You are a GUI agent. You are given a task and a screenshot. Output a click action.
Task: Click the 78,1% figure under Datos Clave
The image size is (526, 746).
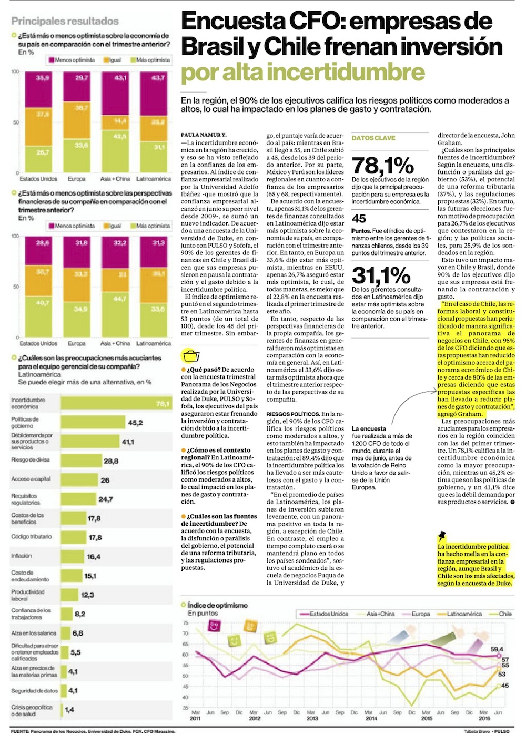coord(382,166)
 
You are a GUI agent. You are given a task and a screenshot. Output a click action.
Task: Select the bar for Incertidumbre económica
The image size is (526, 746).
coord(116,403)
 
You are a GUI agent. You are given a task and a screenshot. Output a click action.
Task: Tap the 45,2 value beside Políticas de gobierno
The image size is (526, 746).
coord(135,423)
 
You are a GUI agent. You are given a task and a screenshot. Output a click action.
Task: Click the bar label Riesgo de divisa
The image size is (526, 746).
coord(31,460)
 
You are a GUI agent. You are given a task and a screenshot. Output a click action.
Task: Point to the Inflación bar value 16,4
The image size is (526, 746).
coord(94,557)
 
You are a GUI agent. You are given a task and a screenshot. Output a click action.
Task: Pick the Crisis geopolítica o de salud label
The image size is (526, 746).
coord(32,710)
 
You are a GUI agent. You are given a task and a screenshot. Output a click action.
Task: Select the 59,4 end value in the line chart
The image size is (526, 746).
coord(497,649)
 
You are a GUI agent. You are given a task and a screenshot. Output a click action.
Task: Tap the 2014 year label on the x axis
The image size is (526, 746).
coord(371,718)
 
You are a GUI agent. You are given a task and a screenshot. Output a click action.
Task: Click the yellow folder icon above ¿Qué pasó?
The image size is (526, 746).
coord(190,355)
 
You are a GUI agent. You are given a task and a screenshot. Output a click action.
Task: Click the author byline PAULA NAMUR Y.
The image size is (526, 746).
coord(204,135)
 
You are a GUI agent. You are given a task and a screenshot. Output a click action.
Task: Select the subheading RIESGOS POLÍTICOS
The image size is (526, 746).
coord(293,414)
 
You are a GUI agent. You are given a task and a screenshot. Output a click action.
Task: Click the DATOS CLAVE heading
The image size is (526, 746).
coord(373,138)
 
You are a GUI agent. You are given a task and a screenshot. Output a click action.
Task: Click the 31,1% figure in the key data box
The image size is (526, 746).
coord(381,275)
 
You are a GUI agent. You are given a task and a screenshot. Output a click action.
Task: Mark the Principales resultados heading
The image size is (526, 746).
coord(65,22)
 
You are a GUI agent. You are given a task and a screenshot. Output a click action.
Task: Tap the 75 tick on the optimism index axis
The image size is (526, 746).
coord(185,623)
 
